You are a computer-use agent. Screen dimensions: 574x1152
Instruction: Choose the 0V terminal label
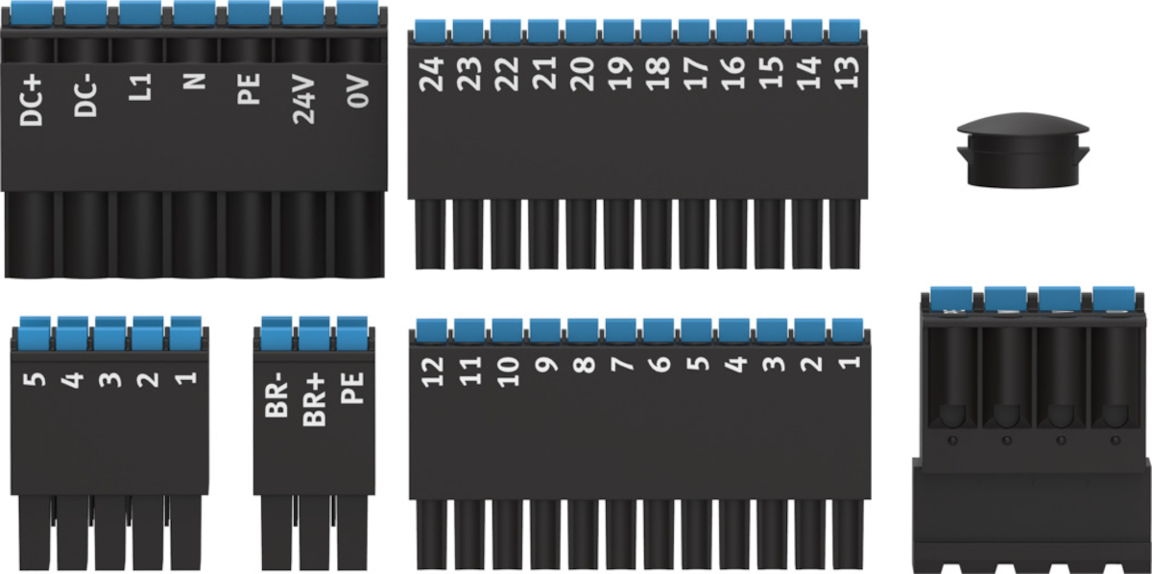tap(358, 91)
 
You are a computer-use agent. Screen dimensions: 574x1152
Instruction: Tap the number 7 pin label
tap(620, 366)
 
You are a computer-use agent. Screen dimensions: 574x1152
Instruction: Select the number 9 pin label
tap(544, 366)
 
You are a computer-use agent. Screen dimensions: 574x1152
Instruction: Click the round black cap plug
tap(1023, 149)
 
